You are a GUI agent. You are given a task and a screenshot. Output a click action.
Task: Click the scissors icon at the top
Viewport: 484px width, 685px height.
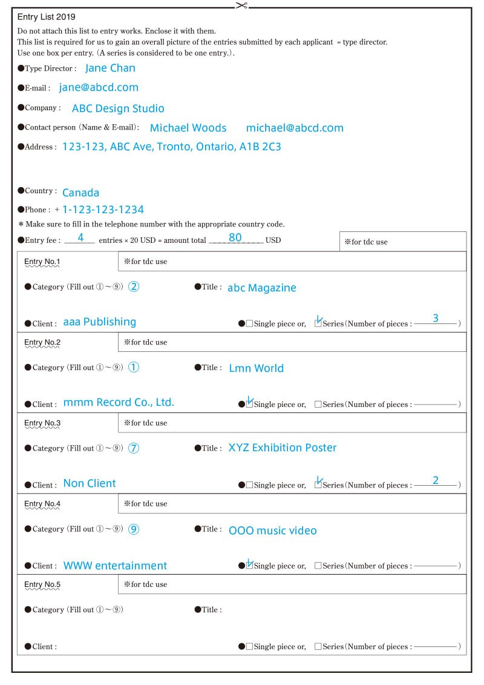coord(242,5)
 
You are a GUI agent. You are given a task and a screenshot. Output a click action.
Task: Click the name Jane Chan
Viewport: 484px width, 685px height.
coord(110,68)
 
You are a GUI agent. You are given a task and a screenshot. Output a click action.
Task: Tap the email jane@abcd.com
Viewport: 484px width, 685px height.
coord(99,87)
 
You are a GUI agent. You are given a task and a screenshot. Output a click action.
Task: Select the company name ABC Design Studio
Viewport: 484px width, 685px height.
coord(118,108)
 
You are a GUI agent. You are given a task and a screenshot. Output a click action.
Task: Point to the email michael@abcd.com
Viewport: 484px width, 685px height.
coord(295,128)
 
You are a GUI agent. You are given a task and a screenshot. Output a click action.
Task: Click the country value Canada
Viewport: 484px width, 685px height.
coord(80,193)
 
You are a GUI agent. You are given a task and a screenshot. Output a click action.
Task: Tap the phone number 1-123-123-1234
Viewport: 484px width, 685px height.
coord(103,210)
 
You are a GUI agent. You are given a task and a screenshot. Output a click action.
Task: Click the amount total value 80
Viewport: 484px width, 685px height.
coord(235,237)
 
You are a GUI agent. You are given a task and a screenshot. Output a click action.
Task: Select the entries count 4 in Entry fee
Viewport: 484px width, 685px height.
coord(80,237)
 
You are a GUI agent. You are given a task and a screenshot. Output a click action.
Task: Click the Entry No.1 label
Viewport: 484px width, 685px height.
coord(42,262)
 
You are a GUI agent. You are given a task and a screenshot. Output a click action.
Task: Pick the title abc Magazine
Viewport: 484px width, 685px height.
coord(262,288)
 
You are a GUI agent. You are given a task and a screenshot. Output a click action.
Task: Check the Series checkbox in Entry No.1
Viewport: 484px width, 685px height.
coord(318,323)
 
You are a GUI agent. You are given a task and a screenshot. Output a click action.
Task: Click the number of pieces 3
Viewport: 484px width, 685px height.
coord(435,318)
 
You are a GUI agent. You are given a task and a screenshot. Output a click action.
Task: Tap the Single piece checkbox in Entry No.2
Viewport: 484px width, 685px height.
coord(249,404)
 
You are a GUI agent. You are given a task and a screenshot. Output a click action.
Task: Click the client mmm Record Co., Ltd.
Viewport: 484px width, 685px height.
coord(119,402)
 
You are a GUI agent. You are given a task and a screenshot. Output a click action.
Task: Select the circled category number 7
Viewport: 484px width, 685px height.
coord(134,448)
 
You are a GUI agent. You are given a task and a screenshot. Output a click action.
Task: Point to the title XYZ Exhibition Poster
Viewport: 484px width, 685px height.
coord(282,448)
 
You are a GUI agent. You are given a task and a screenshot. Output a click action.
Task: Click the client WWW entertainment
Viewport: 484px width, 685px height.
coord(115,566)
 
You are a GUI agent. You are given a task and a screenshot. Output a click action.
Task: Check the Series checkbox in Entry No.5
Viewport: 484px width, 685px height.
coord(318,646)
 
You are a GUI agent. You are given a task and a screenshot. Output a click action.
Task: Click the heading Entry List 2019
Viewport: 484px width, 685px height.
coord(47,17)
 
